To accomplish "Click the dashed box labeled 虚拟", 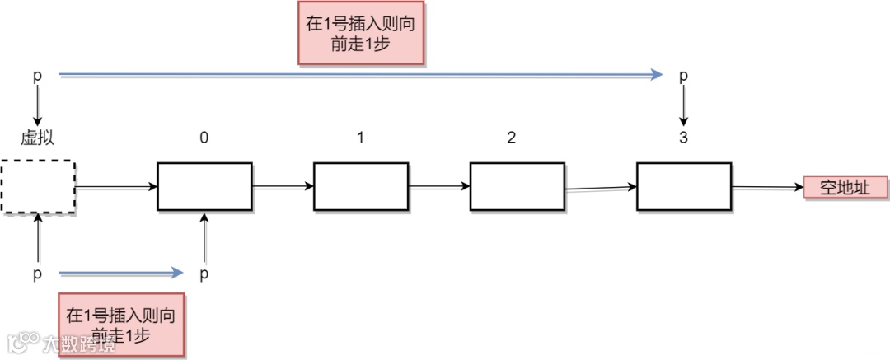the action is tap(38, 188).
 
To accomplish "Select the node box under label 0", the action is tap(204, 186).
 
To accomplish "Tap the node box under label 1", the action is tap(361, 186).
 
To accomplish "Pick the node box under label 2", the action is tap(518, 186).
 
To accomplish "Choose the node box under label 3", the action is tap(684, 186).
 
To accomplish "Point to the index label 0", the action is tap(204, 138).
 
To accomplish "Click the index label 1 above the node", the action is tap(360, 138).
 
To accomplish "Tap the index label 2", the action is tap(512, 138).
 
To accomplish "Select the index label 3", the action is tap(683, 138).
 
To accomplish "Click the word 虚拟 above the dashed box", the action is tap(38, 138).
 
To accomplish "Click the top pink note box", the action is tap(360, 35).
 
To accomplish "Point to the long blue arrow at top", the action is tap(360, 75).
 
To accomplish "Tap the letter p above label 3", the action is tap(682, 76).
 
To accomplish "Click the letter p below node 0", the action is tap(204, 273).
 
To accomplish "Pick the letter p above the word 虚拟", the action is tap(37, 76).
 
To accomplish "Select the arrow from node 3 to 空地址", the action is tap(766, 188).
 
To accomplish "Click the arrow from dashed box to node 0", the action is tap(116, 187).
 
